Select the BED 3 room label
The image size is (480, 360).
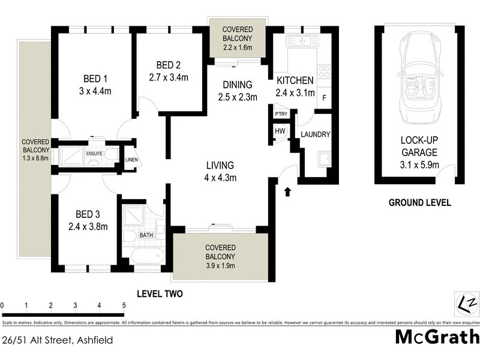click(88, 214)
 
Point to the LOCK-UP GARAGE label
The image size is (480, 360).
click(419, 146)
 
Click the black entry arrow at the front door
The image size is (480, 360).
click(287, 191)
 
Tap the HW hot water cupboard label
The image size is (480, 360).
click(280, 131)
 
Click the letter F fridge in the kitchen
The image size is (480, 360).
click(325, 98)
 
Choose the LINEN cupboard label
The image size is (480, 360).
click(131, 160)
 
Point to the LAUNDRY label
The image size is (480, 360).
click(315, 134)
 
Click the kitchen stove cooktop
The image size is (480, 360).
click(324, 72)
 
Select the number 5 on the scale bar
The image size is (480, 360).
click(124, 305)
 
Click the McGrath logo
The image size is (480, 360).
click(437, 337)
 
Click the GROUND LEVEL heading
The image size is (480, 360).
click(419, 203)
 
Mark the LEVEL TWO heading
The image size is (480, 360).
click(160, 294)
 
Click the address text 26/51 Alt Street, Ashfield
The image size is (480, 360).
click(57, 340)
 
